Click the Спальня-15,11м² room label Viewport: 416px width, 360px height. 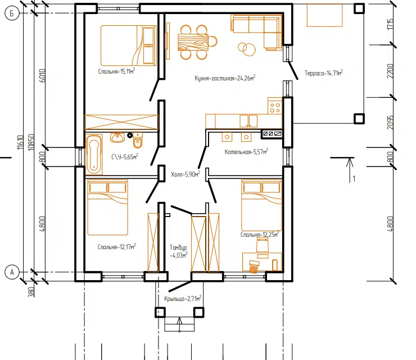click(116, 71)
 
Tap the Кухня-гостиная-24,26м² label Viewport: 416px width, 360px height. click(225, 78)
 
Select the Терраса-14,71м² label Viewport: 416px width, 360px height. click(324, 73)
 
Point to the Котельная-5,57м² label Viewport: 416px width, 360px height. click(246, 151)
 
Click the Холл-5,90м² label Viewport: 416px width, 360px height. click(186, 174)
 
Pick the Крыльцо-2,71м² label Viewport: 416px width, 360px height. click(183, 299)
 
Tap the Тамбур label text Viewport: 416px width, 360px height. click(178, 247)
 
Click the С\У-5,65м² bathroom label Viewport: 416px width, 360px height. click(125, 156)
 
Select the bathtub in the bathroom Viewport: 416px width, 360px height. click(94, 155)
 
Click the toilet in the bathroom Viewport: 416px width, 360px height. click(138, 140)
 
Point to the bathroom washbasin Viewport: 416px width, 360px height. click(117, 137)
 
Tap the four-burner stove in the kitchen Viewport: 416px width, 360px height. click(275, 105)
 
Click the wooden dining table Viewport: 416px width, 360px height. click(193, 42)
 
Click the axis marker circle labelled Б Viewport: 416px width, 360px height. click(12, 13)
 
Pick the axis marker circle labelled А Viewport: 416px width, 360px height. click(12, 272)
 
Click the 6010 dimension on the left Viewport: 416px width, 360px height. click(43, 76)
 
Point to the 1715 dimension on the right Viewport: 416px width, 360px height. click(390, 24)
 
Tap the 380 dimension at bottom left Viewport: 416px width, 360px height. click(31, 292)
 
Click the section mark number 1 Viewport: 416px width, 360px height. click(354, 179)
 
